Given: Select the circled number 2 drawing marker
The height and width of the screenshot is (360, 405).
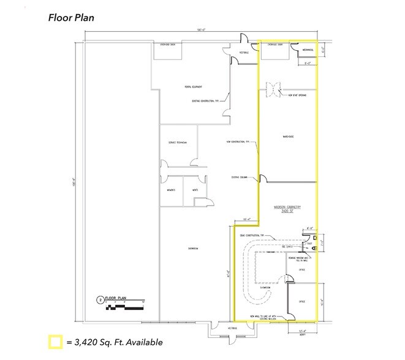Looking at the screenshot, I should pyautogui.click(x=99, y=299).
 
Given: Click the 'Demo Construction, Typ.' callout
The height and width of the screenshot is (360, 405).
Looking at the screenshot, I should pyautogui.click(x=252, y=234).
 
